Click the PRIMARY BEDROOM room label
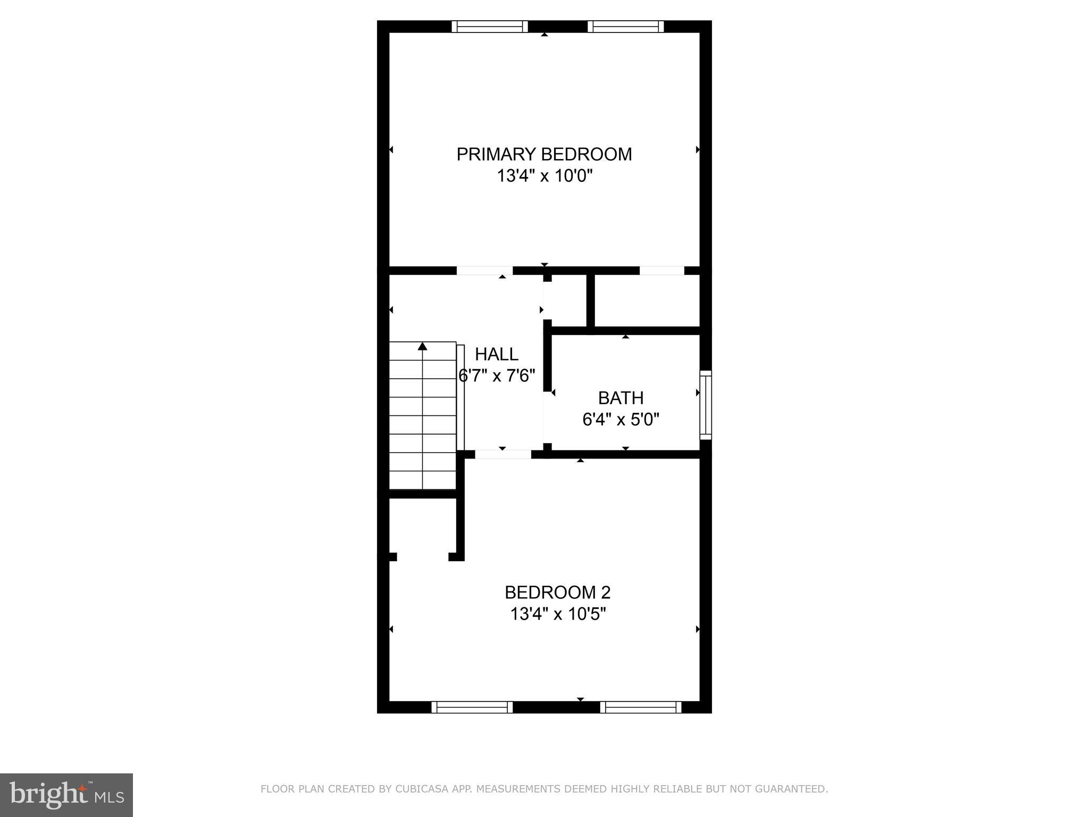(x=544, y=154)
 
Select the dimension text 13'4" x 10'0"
(x=544, y=176)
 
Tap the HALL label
(x=496, y=354)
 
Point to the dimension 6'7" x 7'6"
(x=497, y=376)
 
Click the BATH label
(x=621, y=398)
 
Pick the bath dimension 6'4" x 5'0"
(x=621, y=420)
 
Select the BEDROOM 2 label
(x=557, y=592)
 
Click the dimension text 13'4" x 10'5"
(x=558, y=614)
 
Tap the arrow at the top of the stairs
(x=423, y=347)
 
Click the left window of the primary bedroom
(x=490, y=27)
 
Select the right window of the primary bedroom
(x=626, y=27)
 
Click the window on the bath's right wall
(x=706, y=405)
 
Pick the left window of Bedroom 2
(x=472, y=707)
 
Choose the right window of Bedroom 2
(x=641, y=707)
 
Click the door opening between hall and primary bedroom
(x=484, y=271)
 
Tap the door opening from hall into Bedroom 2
(x=502, y=454)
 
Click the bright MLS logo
(x=66, y=795)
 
